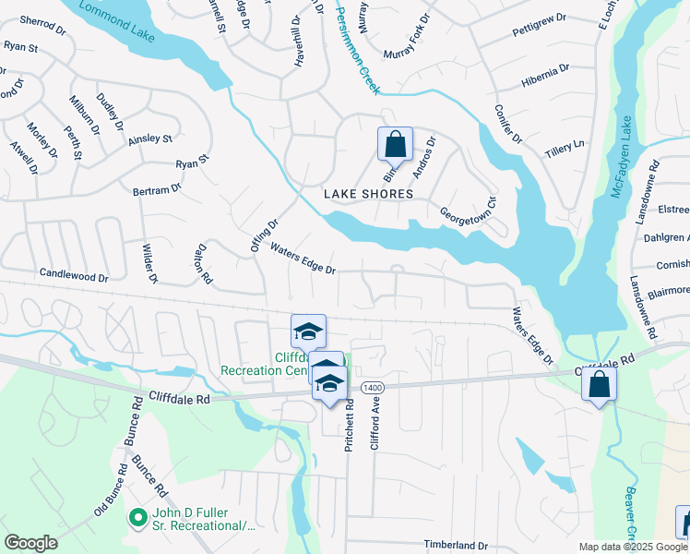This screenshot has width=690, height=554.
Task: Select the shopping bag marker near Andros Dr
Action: [x=395, y=146]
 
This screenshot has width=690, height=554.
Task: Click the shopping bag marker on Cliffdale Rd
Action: [x=599, y=384]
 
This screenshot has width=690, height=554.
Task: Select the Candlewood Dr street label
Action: [x=74, y=275]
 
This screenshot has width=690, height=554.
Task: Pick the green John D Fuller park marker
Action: [x=138, y=519]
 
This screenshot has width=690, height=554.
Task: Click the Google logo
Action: [x=31, y=543]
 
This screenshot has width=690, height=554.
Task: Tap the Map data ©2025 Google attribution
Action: [x=634, y=547]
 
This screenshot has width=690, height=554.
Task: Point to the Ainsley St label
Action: [x=150, y=138]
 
